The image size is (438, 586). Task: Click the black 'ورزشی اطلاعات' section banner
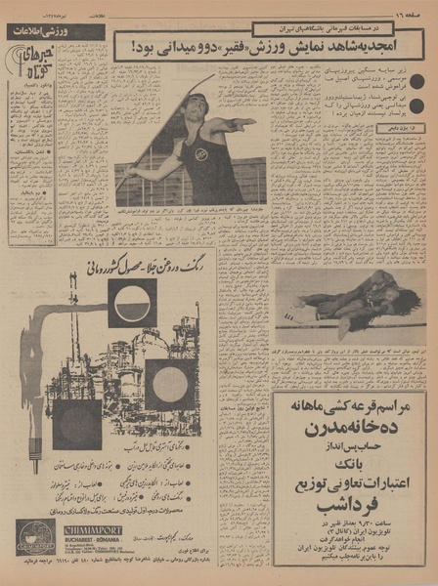(x=56, y=32)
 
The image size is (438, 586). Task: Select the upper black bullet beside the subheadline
(x=416, y=84)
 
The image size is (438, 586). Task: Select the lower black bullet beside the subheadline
(x=416, y=106)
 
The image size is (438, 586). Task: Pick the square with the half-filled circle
(x=131, y=304)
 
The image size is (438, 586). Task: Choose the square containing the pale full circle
(x=169, y=384)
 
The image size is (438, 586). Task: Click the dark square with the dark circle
(x=76, y=424)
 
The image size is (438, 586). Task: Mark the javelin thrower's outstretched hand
(x=248, y=122)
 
